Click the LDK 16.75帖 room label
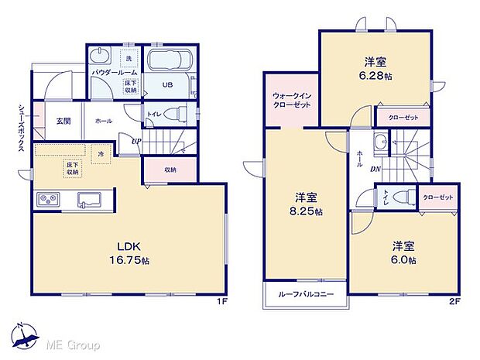[x=129, y=255]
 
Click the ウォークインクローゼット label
[x=290, y=101]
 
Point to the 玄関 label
[x=63, y=121]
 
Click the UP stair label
[x=136, y=141]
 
